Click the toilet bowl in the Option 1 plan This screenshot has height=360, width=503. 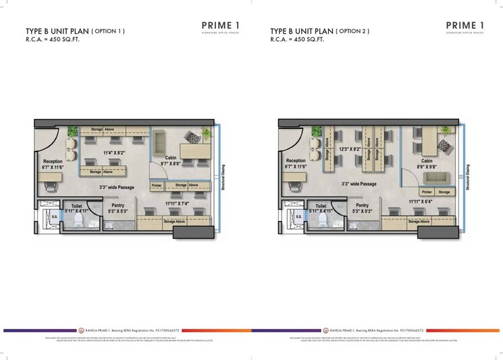[x=79, y=220]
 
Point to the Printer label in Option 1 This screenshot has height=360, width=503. [x=157, y=184]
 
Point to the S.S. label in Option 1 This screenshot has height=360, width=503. [x=46, y=217]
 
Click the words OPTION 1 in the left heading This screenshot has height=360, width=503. [x=109, y=31]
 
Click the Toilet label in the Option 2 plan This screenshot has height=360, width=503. [x=320, y=205]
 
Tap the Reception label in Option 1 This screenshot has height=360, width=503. [x=53, y=162]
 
